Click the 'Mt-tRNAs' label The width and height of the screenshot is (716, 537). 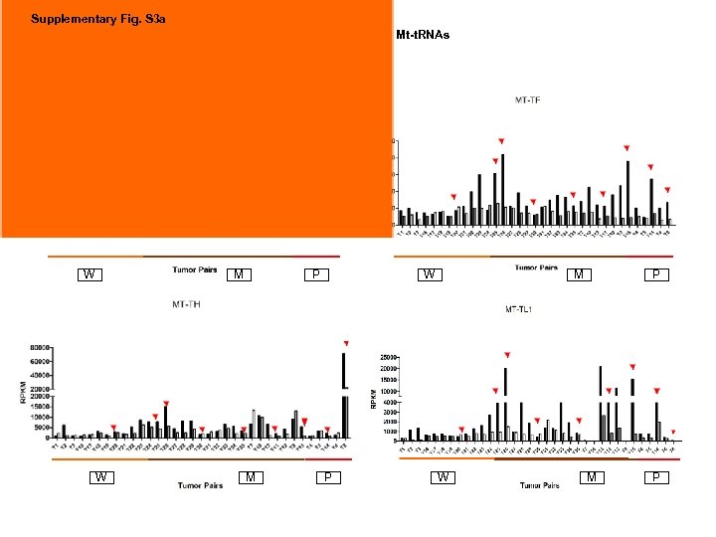click(423, 36)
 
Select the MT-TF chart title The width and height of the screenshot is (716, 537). click(528, 99)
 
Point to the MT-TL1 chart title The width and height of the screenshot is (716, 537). click(518, 310)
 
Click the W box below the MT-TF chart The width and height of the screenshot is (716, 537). click(427, 274)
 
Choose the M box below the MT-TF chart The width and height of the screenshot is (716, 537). click(578, 274)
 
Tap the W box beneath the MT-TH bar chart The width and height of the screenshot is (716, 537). click(100, 477)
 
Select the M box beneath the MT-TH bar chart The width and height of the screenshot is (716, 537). click(253, 477)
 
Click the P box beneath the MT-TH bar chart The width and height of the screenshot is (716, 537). click(326, 477)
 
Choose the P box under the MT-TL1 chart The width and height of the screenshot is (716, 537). click(656, 477)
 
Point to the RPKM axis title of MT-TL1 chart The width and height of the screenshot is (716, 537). click(374, 397)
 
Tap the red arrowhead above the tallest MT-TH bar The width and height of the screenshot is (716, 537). click(346, 344)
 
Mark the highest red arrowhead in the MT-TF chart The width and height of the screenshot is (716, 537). click(501, 141)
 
